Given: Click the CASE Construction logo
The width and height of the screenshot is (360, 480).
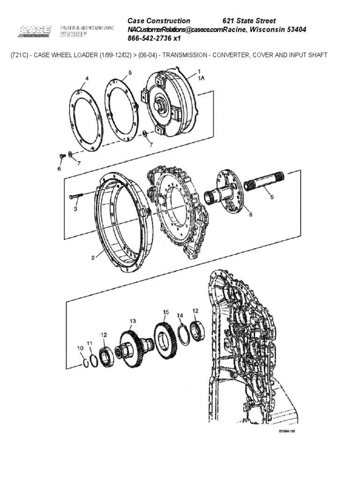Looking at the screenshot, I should (x=36, y=32).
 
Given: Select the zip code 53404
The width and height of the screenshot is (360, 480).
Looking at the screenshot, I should (x=294, y=30).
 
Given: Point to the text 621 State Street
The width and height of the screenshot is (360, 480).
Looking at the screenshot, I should (x=249, y=21).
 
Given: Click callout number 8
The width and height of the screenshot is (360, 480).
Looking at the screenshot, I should (x=250, y=215).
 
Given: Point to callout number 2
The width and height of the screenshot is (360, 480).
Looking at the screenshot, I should (x=94, y=256).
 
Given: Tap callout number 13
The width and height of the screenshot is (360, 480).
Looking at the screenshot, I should (x=133, y=321).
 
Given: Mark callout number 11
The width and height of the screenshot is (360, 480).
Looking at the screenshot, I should (x=90, y=344).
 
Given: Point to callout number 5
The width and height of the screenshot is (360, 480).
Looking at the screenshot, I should (x=130, y=73).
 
